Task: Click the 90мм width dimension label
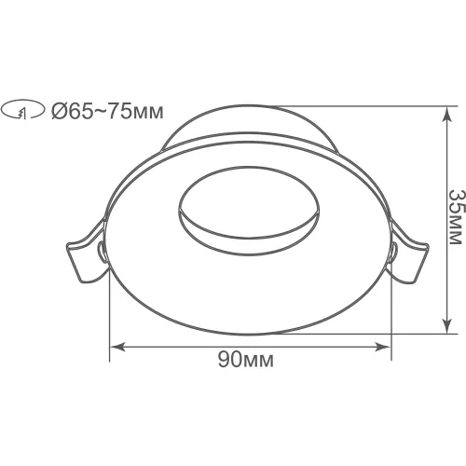(246, 360)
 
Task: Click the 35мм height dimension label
(458, 217)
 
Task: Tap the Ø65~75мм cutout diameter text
(107, 111)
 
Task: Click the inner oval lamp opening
(249, 212)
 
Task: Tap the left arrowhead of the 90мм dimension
(117, 347)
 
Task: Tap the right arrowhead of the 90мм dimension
(382, 347)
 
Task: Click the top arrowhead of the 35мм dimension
(446, 114)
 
